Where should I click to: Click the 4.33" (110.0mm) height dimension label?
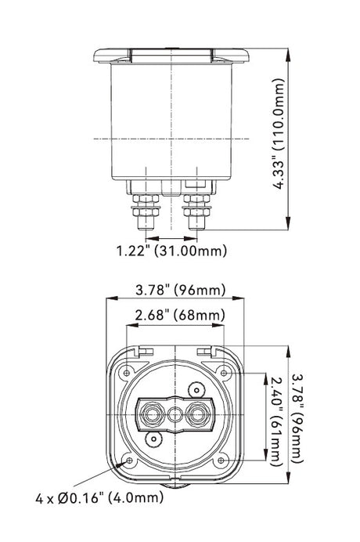pyautogui.click(x=279, y=134)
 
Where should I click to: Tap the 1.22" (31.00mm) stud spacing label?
pyautogui.click(x=171, y=251)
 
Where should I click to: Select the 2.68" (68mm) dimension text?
pyautogui.click(x=180, y=315)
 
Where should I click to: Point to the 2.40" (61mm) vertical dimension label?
pyautogui.click(x=276, y=421)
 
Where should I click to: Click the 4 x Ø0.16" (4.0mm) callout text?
pyautogui.click(x=99, y=498)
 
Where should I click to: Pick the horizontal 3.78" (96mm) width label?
pyautogui.click(x=180, y=290)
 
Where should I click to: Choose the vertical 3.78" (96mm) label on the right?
pyautogui.click(x=297, y=418)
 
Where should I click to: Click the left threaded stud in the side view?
pyautogui.click(x=146, y=211)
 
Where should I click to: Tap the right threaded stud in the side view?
pyautogui.click(x=197, y=211)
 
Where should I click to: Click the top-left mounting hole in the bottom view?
pyautogui.click(x=127, y=373)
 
